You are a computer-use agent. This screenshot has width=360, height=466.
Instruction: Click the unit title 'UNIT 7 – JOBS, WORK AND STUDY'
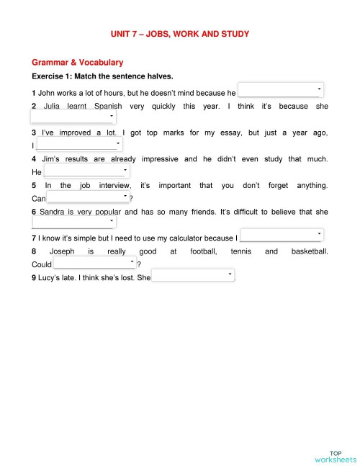[x=180, y=34]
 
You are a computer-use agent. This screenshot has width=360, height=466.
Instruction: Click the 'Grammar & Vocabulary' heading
[x=78, y=63]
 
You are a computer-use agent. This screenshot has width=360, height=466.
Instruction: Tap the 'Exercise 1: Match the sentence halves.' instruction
[x=103, y=76]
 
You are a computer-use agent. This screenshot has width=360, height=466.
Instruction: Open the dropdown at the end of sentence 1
[x=280, y=91]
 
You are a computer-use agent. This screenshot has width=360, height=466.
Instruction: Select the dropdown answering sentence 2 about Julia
[x=73, y=117]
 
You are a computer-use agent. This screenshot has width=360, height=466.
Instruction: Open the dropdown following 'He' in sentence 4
[x=86, y=171]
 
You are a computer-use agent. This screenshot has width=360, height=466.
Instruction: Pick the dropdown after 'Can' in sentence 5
[x=89, y=197]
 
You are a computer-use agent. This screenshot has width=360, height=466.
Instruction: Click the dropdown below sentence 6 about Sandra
[x=73, y=223]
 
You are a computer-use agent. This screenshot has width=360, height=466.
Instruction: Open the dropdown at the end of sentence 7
[x=282, y=236]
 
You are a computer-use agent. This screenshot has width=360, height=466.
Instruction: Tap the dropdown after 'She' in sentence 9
[x=193, y=276]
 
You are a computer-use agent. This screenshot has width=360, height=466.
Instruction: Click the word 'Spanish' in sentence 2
[x=108, y=107]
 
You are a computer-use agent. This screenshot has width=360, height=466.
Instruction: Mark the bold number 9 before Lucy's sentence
[x=34, y=278]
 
